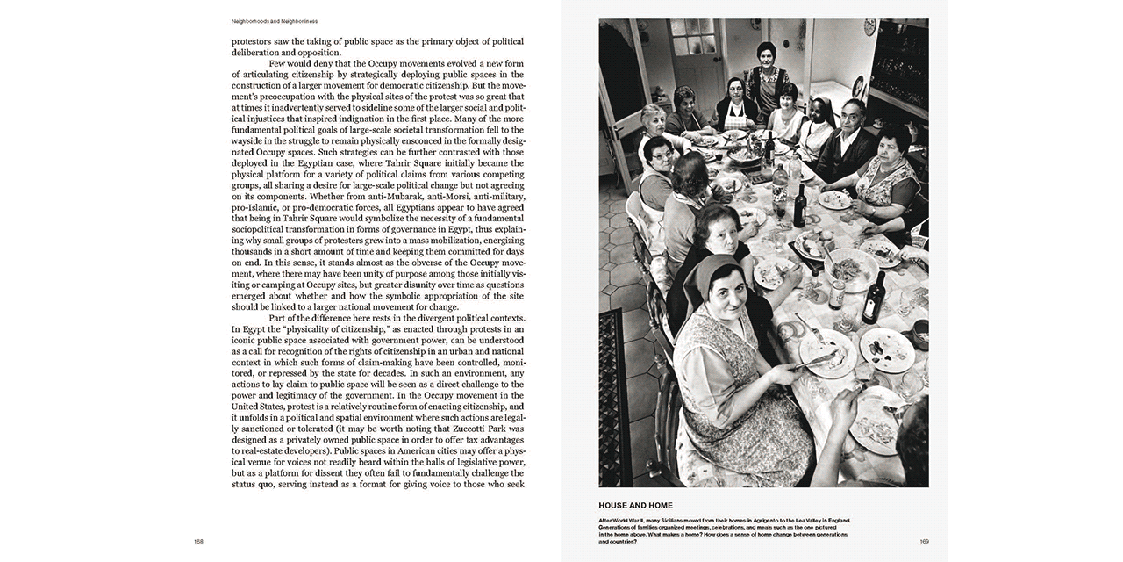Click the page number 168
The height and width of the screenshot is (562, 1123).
199,542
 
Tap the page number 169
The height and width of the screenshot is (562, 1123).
924,542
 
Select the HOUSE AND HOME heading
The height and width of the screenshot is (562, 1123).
635,505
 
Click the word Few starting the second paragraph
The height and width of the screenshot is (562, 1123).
281,64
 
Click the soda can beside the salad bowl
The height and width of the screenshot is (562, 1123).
837,294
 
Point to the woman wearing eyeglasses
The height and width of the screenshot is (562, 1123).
659,158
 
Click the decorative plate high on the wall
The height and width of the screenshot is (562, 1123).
869,26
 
